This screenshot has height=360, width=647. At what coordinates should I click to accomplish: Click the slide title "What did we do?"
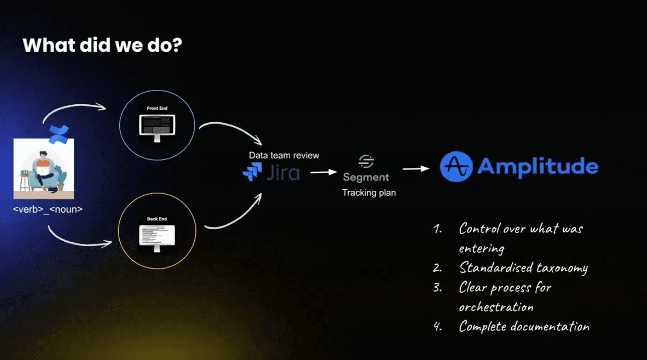coord(102,45)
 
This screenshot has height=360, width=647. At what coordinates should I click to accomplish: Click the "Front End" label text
coord(157,108)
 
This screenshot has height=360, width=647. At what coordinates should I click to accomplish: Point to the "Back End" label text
coord(157,219)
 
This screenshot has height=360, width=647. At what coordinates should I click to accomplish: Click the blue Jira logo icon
coord(252,172)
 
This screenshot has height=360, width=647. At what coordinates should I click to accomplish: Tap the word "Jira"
coord(283,173)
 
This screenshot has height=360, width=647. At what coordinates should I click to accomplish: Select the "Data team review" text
coord(284,155)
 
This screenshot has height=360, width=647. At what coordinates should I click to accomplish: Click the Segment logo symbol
coord(366,162)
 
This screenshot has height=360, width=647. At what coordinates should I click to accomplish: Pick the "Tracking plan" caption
coord(369,193)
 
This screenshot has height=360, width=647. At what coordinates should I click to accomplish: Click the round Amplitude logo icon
coord(456,166)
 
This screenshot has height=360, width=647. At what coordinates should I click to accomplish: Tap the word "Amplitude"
coord(538,166)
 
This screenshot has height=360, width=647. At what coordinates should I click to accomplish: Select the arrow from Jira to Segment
coord(323,172)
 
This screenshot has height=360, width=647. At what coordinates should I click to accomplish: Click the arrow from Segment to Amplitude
coord(416,168)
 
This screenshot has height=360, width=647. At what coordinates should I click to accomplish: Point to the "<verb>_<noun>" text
coord(48,209)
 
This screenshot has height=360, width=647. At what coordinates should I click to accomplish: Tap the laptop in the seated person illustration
coord(43,170)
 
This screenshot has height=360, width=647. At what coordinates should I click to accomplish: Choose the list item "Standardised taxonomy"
coord(523,267)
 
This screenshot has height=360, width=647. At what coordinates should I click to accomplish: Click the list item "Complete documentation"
coord(524,326)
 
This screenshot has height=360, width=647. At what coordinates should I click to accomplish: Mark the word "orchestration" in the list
coord(496,307)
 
